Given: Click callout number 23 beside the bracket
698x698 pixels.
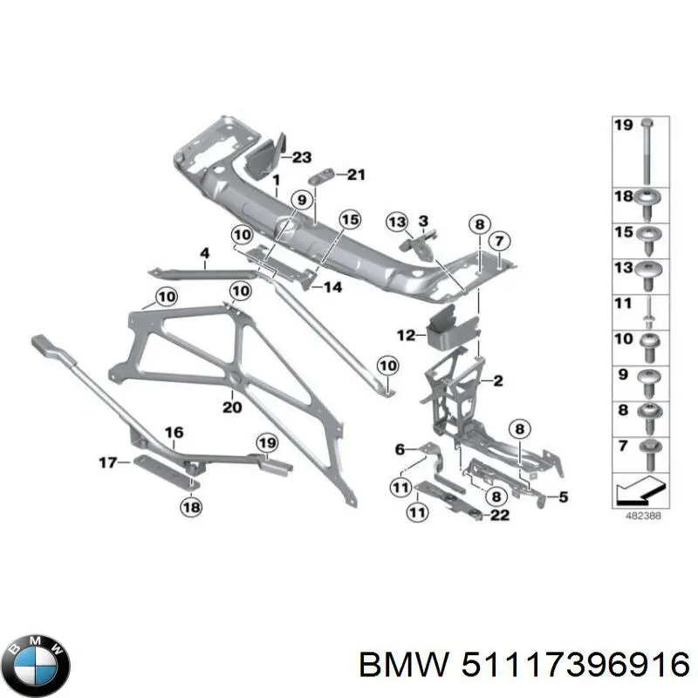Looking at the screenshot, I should pos(301,157).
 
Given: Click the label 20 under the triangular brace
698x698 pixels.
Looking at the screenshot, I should pos(231,406).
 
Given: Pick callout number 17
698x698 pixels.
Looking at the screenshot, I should pos(106,462).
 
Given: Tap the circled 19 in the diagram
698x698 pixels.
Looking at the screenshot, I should pos(265,442).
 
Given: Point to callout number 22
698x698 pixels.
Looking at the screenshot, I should pos(500,516).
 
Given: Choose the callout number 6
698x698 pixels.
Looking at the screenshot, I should pos(400,449).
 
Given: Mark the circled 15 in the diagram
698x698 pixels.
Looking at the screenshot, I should pos(349,220).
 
